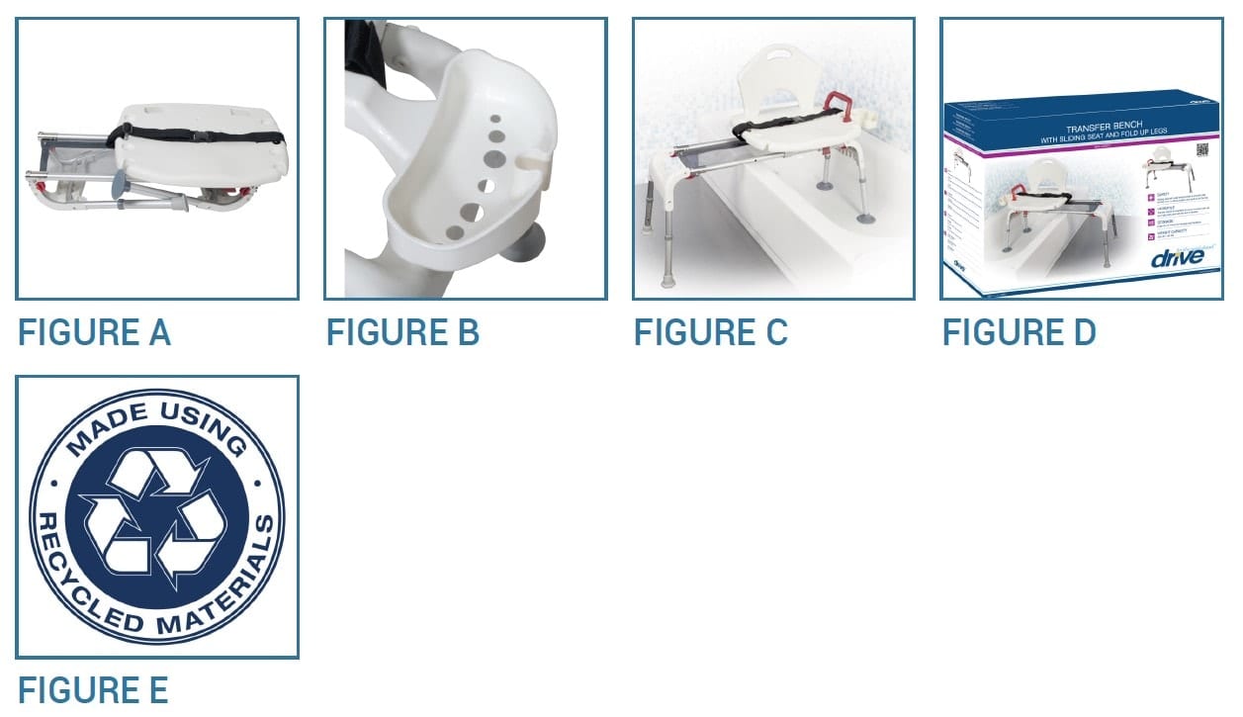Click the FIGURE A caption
pyautogui.click(x=94, y=332)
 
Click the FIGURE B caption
pyautogui.click(x=402, y=332)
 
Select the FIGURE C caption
pyautogui.click(x=710, y=332)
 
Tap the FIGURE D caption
pyautogui.click(x=1019, y=332)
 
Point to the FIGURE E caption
pyautogui.click(x=93, y=688)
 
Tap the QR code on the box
pyautogui.click(x=1201, y=150)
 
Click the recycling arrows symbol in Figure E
pyautogui.click(x=156, y=515)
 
